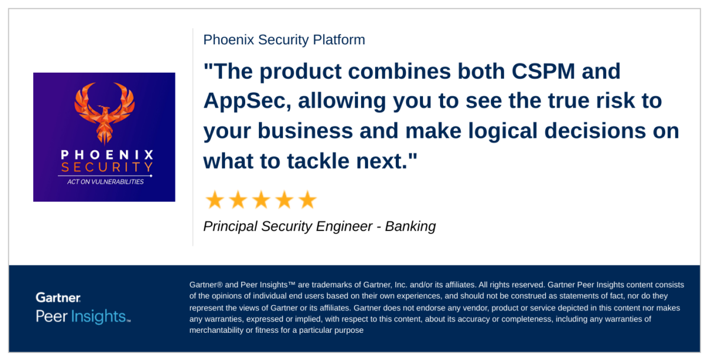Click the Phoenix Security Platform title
point(284,40)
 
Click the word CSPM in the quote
point(543,72)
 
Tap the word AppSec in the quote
point(247,101)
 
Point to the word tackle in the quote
point(318,161)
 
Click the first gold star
point(215,200)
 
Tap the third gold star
point(261,200)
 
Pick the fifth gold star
point(307,200)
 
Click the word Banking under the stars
point(410,227)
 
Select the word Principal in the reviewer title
point(230,227)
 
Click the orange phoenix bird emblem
point(105,113)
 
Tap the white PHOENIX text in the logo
point(107,155)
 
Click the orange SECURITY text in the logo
point(107,167)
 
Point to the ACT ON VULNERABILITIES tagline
point(105,181)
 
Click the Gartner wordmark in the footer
point(58,297)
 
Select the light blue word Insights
point(99,316)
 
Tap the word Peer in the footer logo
point(51,316)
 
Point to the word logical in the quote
point(503,131)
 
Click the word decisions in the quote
point(595,131)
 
